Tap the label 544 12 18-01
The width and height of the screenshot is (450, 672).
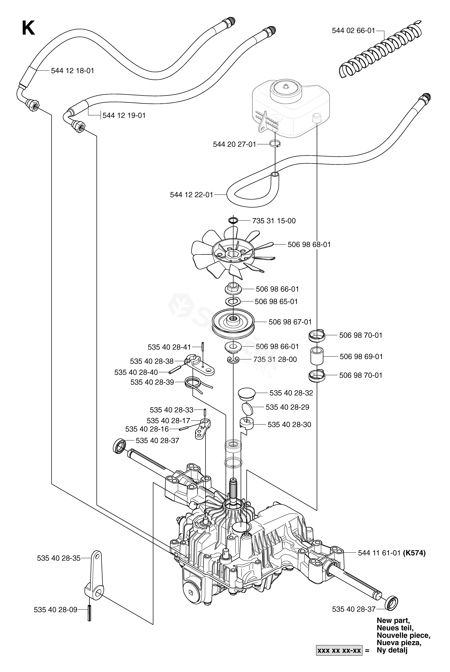click(x=73, y=71)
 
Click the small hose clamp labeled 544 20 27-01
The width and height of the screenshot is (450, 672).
click(x=275, y=144)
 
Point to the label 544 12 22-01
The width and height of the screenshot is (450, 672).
click(x=191, y=195)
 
